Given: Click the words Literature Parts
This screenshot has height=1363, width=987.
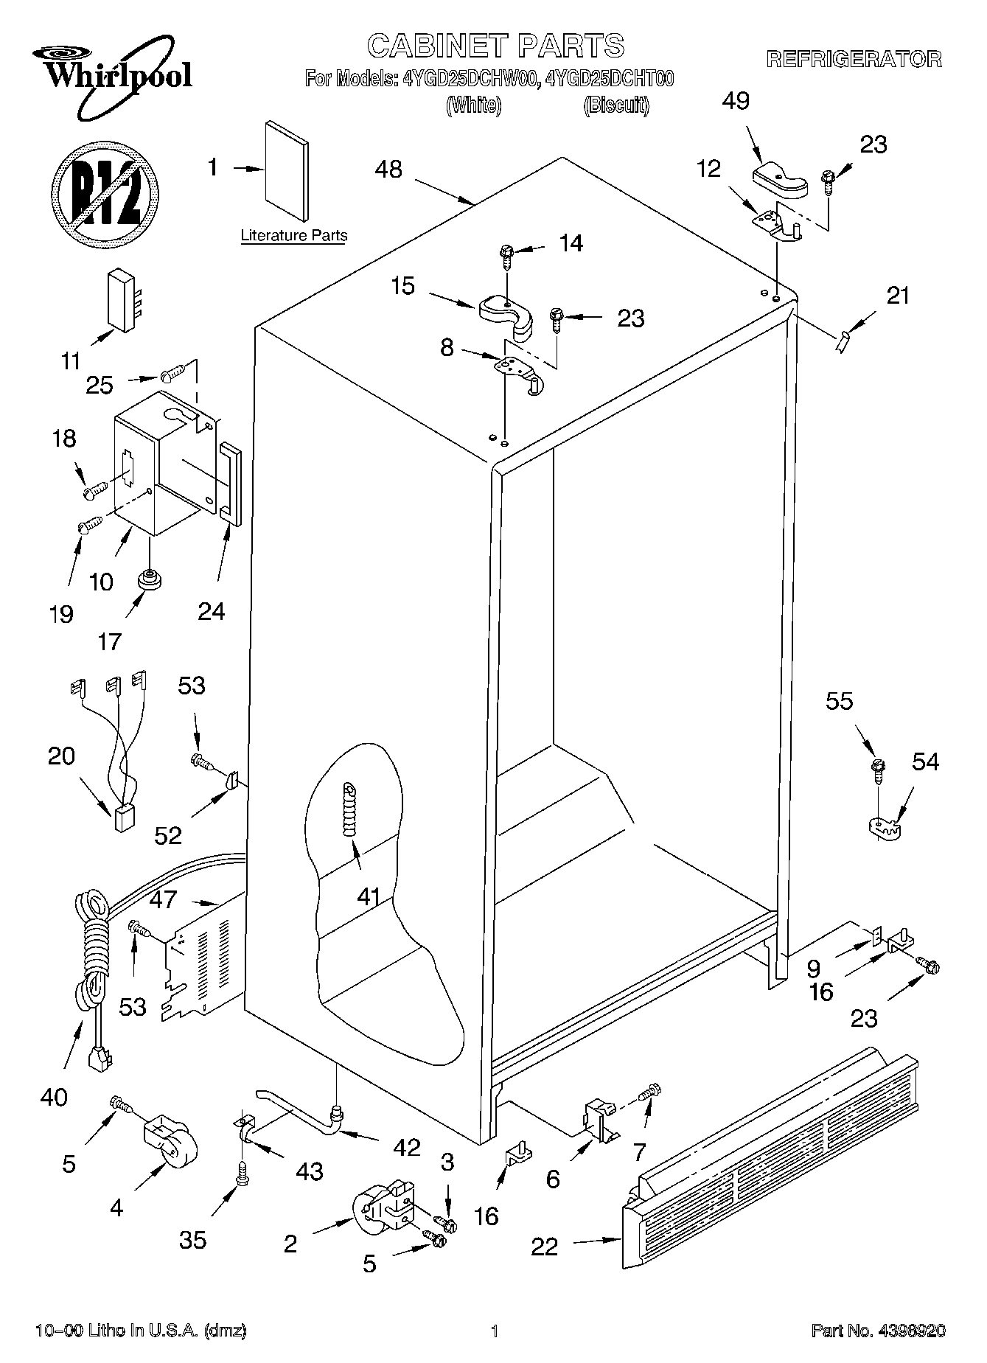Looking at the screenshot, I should point(293,236).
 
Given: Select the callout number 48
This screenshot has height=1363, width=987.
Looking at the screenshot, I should point(388,170).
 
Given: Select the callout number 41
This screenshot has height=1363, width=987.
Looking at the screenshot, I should point(369,896).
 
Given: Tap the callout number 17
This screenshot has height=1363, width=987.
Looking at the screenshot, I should point(109,641).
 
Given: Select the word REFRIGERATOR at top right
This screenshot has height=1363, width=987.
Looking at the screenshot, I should point(854,60).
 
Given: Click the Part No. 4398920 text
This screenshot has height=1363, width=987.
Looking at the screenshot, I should point(878,1331).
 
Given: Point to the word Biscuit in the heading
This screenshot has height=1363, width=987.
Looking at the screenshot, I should point(616,106).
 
